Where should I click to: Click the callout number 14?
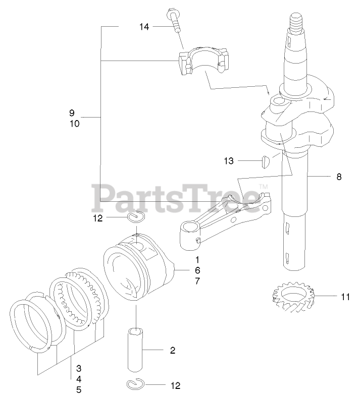144,27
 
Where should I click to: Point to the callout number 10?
74,123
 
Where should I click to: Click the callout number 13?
229,161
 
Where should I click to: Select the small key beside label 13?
264,161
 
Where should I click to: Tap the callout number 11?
345,297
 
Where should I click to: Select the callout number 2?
172,350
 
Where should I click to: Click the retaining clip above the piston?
136,217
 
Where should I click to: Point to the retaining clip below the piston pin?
135,384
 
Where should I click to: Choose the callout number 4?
79,378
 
